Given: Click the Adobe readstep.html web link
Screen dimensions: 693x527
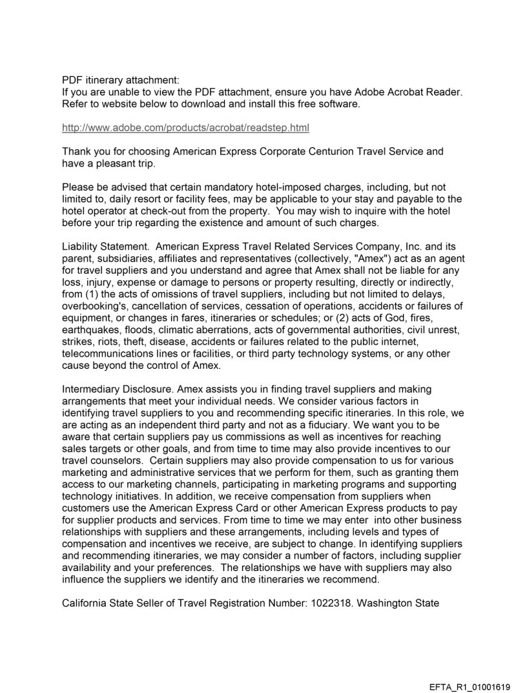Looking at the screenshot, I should [185, 128].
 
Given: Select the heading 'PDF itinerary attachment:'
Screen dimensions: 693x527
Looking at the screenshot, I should [120, 81].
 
